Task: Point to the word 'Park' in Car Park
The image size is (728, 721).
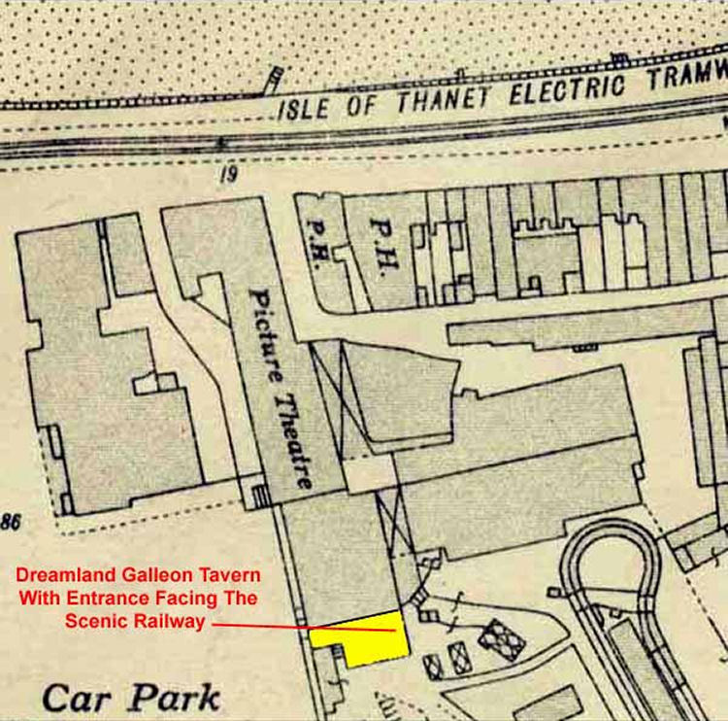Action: click(x=175, y=698)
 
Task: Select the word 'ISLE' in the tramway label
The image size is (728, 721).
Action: click(x=299, y=107)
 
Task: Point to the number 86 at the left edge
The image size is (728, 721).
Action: click(x=11, y=523)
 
